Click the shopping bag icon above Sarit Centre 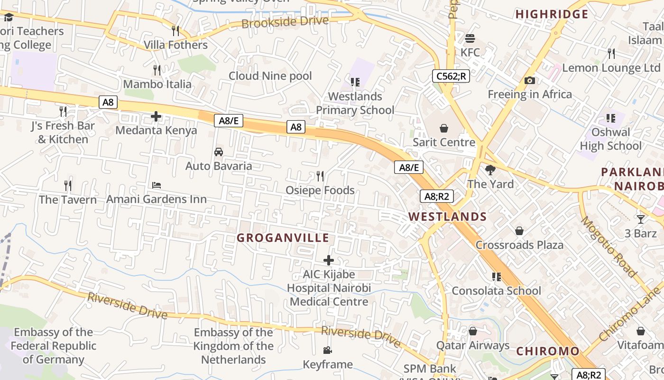pyautogui.click(x=444, y=128)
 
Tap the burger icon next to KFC pyautogui.click(x=470, y=38)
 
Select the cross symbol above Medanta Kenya pyautogui.click(x=156, y=116)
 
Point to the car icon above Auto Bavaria pyautogui.click(x=219, y=152)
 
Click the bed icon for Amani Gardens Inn pyautogui.click(x=157, y=185)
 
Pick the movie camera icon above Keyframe pyautogui.click(x=327, y=351)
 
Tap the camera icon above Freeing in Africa pyautogui.click(x=530, y=81)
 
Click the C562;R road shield pyautogui.click(x=451, y=76)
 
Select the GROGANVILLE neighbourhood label pyautogui.click(x=283, y=238)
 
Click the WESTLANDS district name pyautogui.click(x=448, y=217)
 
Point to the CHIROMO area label pyautogui.click(x=548, y=351)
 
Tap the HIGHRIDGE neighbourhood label pyautogui.click(x=552, y=14)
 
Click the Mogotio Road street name pyautogui.click(x=609, y=247)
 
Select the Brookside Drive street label pyautogui.click(x=285, y=22)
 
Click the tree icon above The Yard pyautogui.click(x=490, y=170)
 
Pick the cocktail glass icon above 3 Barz pyautogui.click(x=641, y=219)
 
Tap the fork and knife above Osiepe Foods pyautogui.click(x=320, y=176)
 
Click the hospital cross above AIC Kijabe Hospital pyautogui.click(x=328, y=260)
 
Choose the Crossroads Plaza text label pyautogui.click(x=519, y=245)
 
